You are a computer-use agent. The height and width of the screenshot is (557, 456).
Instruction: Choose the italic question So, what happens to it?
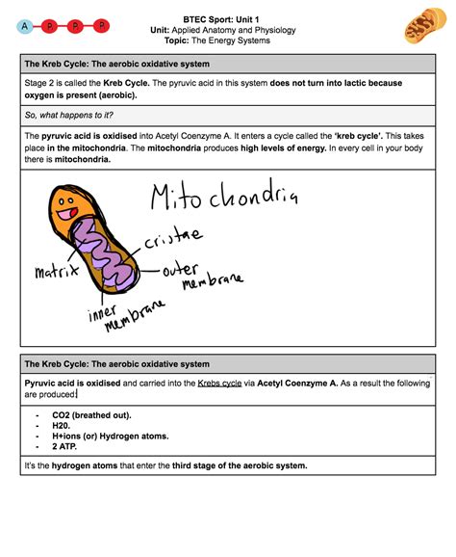pyautogui.click(x=68, y=115)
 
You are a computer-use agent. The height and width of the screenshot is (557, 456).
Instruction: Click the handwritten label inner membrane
pyautogui.click(x=123, y=319)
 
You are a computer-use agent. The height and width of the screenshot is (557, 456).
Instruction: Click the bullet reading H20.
pyautogui.click(x=63, y=425)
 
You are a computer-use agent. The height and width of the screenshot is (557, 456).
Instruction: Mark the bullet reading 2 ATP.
pyautogui.click(x=67, y=446)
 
